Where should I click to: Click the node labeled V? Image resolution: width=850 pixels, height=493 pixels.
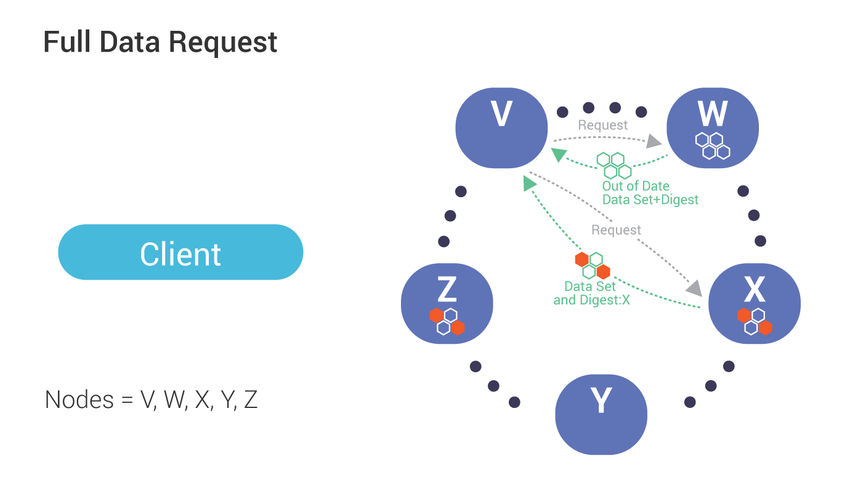tap(501, 128)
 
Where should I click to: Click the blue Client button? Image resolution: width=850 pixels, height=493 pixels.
tap(180, 252)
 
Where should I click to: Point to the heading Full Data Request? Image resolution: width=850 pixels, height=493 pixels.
tap(160, 43)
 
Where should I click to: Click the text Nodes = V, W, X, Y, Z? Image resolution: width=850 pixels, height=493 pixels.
tap(151, 400)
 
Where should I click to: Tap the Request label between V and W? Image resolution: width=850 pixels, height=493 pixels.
tap(602, 125)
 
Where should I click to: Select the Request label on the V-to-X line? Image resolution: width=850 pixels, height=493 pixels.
tap(616, 230)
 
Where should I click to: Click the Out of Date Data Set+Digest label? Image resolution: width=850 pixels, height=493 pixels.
tap(650, 193)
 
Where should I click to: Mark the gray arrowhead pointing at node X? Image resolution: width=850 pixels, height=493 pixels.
tap(694, 287)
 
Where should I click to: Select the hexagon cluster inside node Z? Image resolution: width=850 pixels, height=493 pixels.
tap(447, 321)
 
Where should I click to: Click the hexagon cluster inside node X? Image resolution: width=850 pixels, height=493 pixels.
tap(755, 321)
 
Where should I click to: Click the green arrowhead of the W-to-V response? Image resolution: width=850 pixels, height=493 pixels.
tap(558, 155)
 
